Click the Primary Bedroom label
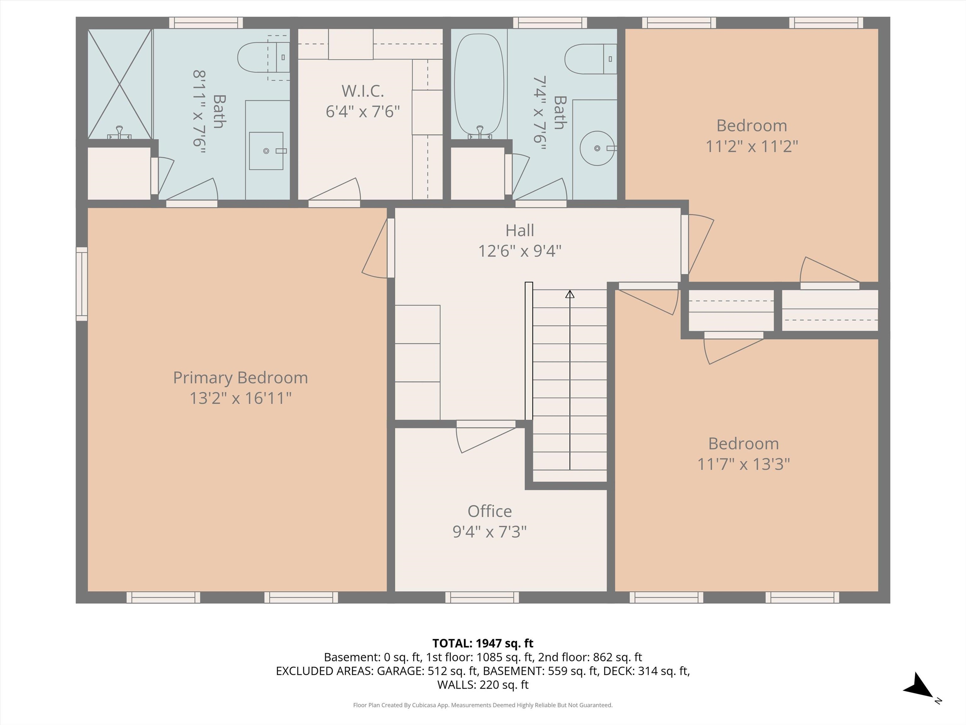tap(240, 378)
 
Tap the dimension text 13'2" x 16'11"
tap(240, 398)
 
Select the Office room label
tap(490, 511)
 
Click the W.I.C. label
tap(363, 91)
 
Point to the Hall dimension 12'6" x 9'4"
tap(520, 251)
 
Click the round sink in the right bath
tap(597, 149)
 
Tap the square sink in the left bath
tap(266, 151)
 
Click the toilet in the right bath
tap(585, 59)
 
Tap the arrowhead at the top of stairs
tap(569, 295)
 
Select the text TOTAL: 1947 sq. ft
tap(483, 643)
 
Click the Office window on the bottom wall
tap(482, 597)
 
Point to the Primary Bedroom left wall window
tap(82, 284)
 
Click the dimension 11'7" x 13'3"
tap(743, 464)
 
